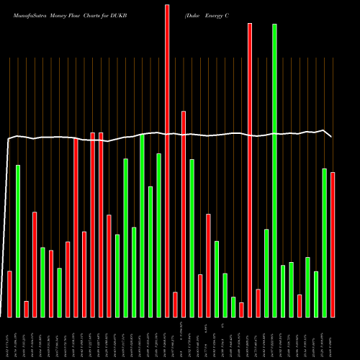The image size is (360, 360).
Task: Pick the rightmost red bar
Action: [333, 245]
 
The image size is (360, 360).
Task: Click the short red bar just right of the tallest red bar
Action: [175, 305]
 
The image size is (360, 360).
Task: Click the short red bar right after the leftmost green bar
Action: [26, 309]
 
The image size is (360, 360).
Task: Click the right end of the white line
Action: [332, 136]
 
